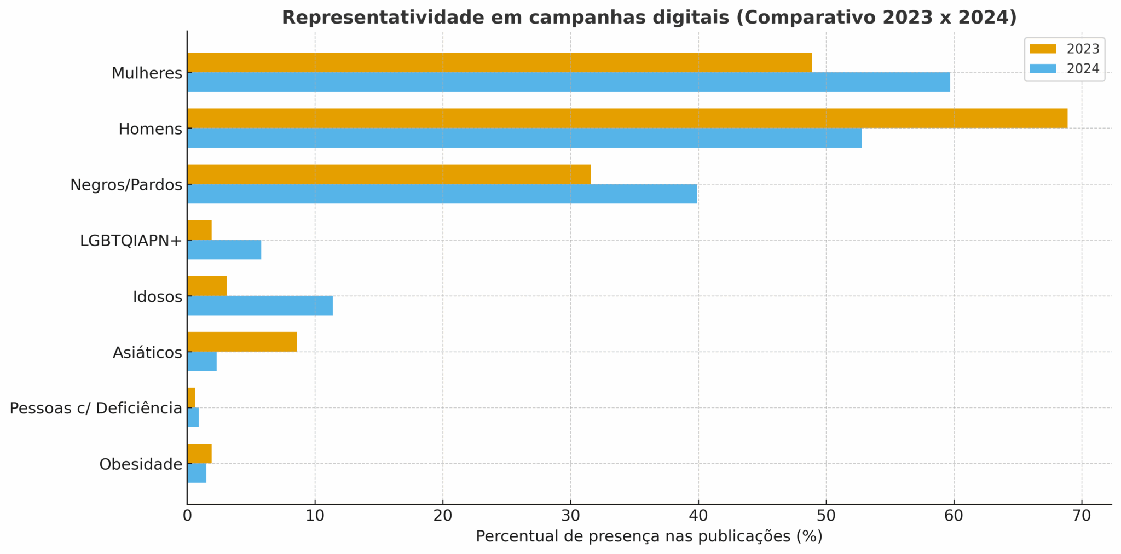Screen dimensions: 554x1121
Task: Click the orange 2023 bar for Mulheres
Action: click(x=499, y=62)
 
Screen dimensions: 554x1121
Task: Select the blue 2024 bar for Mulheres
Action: click(x=568, y=82)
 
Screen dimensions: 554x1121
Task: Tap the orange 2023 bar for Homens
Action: click(x=627, y=118)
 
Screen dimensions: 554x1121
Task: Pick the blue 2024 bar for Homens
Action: click(x=524, y=138)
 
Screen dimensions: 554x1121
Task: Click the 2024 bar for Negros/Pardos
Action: click(x=442, y=194)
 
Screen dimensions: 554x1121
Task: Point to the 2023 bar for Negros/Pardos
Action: click(x=389, y=174)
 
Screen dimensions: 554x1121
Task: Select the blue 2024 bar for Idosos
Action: click(x=260, y=306)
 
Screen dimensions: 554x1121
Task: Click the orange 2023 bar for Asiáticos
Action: click(x=242, y=342)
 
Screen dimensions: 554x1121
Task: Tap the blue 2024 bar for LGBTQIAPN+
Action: click(x=224, y=250)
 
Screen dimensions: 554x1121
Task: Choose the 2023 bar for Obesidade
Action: click(x=199, y=454)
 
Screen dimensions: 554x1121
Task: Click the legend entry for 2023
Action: click(x=1064, y=49)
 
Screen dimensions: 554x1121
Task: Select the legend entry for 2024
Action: click(x=1064, y=69)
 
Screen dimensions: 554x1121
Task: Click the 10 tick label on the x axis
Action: click(x=315, y=516)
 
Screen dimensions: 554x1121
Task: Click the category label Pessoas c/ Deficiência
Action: click(x=96, y=408)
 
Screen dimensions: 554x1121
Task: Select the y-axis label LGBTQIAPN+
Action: click(x=130, y=241)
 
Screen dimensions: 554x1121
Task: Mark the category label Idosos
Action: click(x=157, y=297)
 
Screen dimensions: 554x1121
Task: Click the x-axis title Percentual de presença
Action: click(x=649, y=536)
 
